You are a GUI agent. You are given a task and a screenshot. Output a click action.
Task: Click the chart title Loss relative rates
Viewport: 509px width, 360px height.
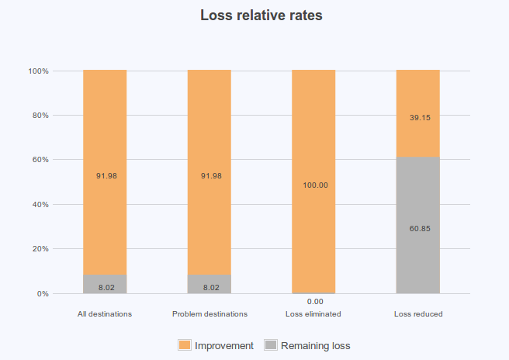(254, 16)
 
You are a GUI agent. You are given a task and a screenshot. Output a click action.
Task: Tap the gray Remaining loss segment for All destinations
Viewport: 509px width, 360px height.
(105, 284)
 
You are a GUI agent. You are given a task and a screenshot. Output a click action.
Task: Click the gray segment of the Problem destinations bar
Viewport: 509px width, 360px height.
(209, 284)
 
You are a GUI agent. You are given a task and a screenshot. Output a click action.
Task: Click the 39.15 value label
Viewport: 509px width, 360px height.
(418, 118)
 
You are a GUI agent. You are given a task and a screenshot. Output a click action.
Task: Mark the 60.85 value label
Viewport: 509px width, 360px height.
(418, 228)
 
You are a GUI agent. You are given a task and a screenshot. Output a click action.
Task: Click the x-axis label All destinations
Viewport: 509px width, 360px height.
(105, 314)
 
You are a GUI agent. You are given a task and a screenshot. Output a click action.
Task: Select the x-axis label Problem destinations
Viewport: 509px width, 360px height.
(209, 314)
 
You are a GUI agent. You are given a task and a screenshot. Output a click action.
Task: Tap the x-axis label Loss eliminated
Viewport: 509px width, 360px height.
(313, 314)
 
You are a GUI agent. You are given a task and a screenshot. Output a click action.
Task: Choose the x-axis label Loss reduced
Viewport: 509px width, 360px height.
(418, 314)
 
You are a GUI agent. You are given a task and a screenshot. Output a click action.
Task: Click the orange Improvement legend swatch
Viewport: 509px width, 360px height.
(185, 345)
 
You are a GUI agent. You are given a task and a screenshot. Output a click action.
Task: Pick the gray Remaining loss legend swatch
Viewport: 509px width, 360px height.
(271, 345)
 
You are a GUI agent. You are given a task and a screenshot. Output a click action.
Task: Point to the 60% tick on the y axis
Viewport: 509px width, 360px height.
(40, 160)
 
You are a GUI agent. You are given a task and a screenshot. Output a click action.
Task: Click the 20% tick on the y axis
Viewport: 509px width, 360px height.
(40, 249)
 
